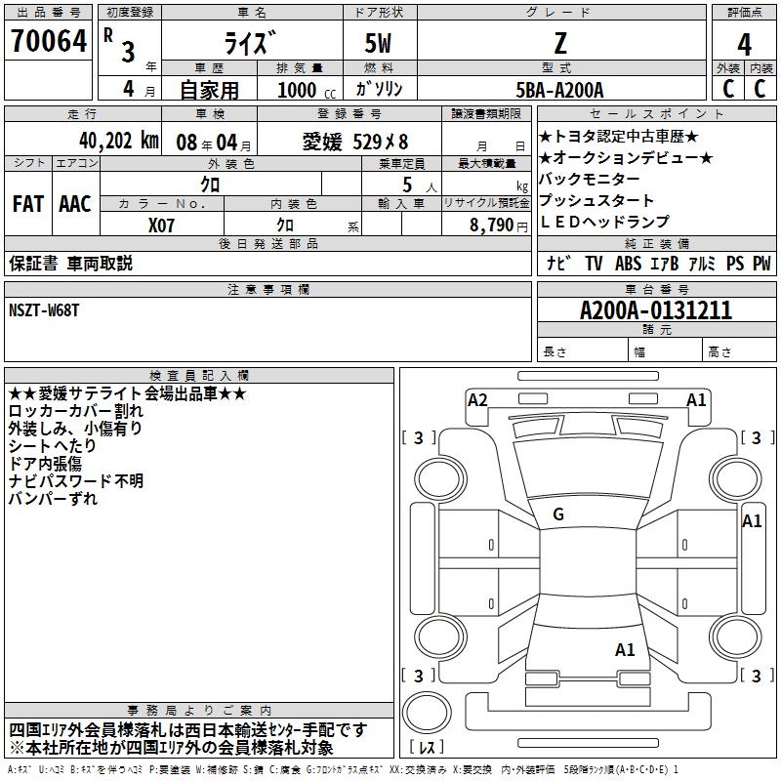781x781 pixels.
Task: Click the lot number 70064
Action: [49, 41]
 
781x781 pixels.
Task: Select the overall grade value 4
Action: [744, 45]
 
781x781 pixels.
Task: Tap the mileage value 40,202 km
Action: [119, 141]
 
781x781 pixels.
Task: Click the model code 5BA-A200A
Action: [559, 90]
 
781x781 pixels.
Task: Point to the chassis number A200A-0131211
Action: [656, 310]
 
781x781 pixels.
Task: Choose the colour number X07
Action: [161, 226]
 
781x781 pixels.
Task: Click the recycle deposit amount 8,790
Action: [492, 226]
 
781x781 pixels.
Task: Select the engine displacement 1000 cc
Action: [307, 90]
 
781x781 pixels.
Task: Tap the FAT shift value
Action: [28, 204]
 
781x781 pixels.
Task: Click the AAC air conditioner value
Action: [75, 204]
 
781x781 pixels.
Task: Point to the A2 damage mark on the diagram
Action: [477, 400]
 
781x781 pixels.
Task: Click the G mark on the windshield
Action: [558, 514]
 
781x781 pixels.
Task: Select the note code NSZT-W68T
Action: [44, 310]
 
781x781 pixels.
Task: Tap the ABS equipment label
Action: [628, 263]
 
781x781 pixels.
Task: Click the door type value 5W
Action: [378, 43]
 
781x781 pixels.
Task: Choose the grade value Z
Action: [560, 43]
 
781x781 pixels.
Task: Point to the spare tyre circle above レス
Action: [427, 713]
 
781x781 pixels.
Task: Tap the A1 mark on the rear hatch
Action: [625, 650]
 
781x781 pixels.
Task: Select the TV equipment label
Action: [594, 263]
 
